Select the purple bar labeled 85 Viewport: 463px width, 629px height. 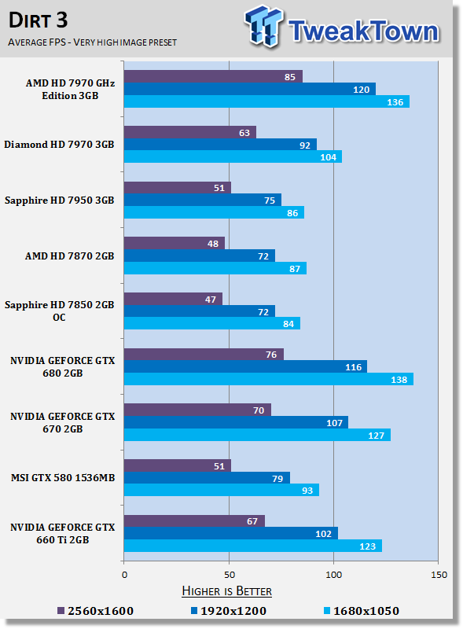(212, 76)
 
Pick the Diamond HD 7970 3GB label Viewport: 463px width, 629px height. (59, 145)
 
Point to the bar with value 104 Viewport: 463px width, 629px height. (232, 157)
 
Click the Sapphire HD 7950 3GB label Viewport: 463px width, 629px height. (59, 200)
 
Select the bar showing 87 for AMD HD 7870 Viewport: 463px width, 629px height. (215, 268)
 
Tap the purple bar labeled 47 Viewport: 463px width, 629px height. (172, 299)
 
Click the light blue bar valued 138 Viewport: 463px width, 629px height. (267, 379)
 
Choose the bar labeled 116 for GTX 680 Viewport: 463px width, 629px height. (244, 366)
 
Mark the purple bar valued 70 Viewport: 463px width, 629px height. (197, 410)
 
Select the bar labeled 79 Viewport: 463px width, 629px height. (206, 478)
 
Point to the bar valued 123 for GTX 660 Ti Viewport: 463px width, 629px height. (252, 546)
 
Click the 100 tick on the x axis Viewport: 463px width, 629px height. (333, 574)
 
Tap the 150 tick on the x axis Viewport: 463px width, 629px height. (438, 574)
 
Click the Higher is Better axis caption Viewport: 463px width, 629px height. (226, 590)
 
